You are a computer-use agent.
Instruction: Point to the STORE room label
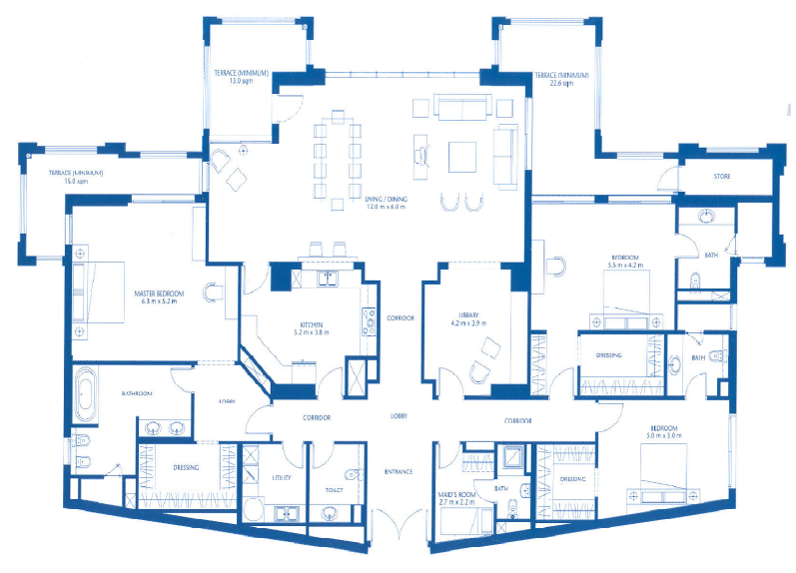(721, 177)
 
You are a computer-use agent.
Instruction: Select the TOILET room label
(334, 491)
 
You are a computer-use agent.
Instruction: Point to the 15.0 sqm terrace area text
(68, 183)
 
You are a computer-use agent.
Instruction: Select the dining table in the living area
(337, 158)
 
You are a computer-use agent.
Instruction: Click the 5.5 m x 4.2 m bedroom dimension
(624, 267)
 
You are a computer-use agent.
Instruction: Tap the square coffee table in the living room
(462, 158)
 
